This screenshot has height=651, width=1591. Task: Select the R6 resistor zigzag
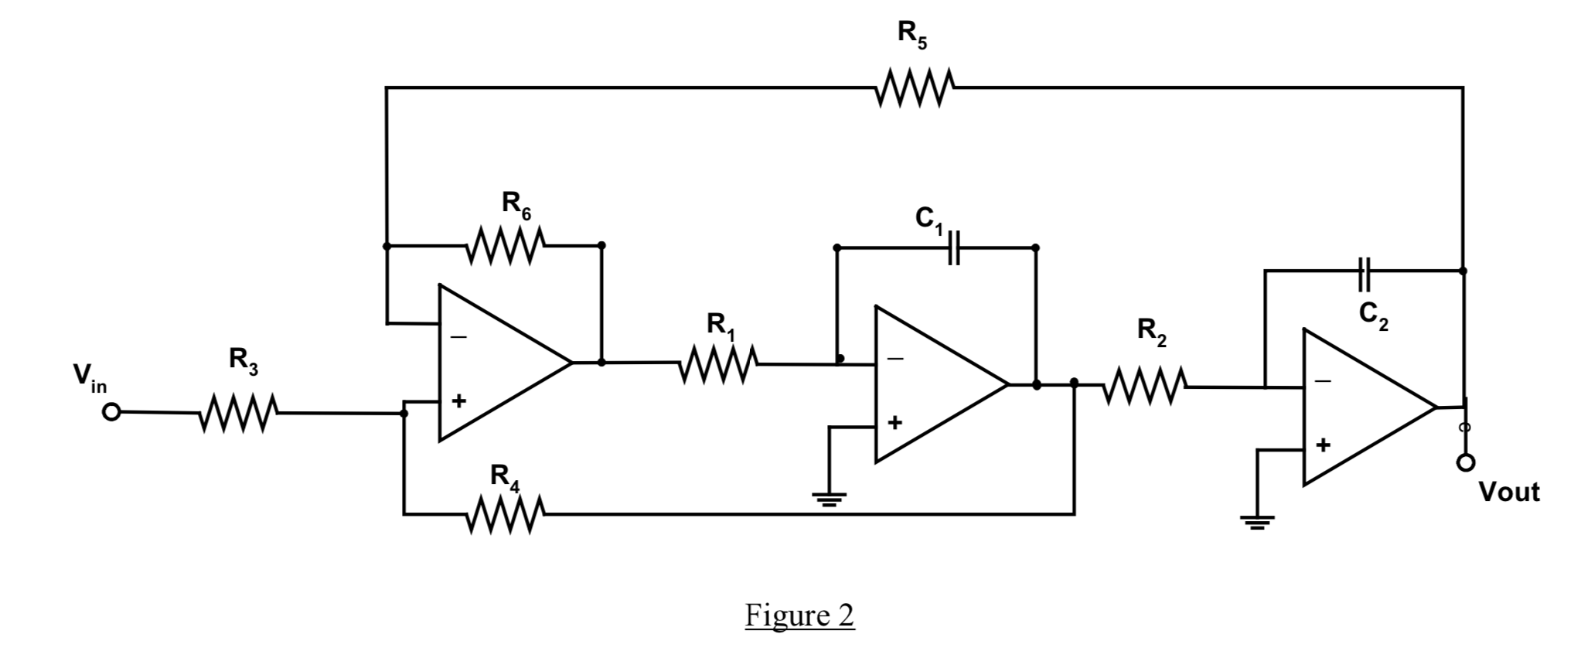tap(507, 246)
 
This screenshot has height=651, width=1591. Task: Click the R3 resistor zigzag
tap(239, 414)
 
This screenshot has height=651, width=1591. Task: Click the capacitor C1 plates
tap(954, 248)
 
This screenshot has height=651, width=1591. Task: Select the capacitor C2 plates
tap(1364, 271)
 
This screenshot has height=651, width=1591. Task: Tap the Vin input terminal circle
tap(111, 412)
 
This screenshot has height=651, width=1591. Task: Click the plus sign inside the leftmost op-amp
tap(459, 401)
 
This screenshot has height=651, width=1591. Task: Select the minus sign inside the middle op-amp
tap(895, 360)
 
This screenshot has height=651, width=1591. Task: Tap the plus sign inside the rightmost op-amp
tap(1324, 445)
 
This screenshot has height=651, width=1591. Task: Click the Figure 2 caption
tap(799, 615)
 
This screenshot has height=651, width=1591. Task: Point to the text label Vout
tap(1508, 492)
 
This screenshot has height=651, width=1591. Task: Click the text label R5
tap(911, 35)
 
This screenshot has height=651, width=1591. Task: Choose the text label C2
tap(1373, 315)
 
